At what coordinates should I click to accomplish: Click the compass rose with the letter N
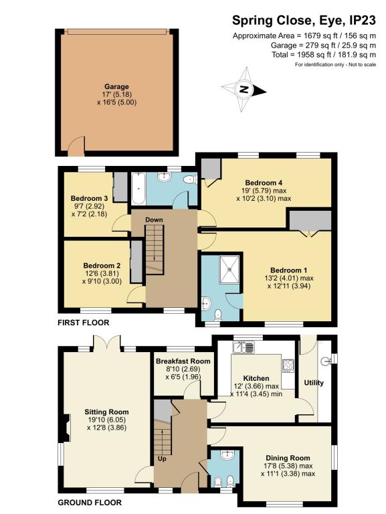coord(244,89)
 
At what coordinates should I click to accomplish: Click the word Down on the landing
coord(154,220)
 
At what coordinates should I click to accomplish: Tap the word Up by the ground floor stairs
coord(161,458)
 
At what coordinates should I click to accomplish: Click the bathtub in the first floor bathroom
coord(138,190)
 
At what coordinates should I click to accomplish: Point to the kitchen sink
coord(242,347)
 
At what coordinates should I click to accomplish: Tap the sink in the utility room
coord(325,361)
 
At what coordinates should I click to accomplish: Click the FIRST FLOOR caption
coord(82,323)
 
